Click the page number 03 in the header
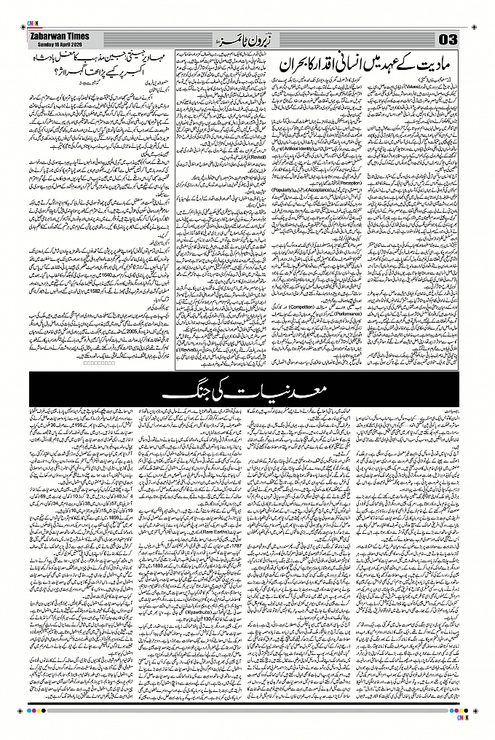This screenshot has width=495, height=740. pyautogui.click(x=447, y=38)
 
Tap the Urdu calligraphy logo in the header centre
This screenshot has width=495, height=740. pyautogui.click(x=231, y=38)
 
